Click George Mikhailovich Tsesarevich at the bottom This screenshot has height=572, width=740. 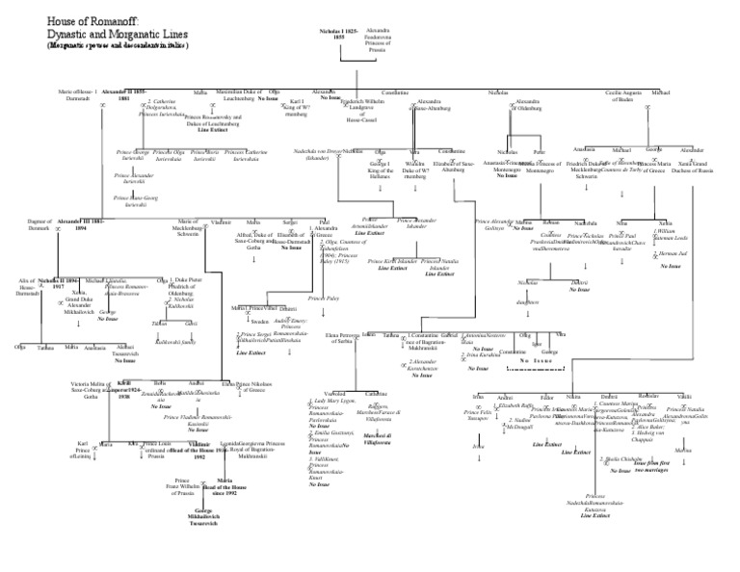(204, 519)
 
